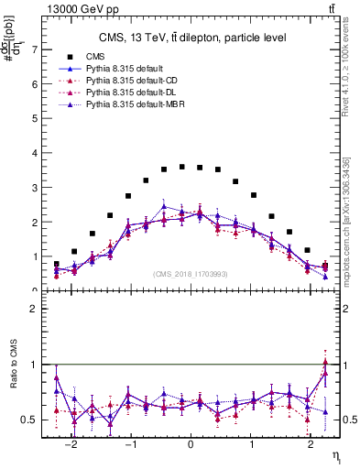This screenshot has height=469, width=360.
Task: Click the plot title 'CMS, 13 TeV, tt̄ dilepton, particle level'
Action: click(x=192, y=38)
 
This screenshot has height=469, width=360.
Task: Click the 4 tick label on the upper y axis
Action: click(x=36, y=153)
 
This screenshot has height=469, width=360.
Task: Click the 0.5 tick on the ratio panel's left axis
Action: click(x=33, y=420)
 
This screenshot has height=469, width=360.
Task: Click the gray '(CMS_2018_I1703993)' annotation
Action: click(x=191, y=273)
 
